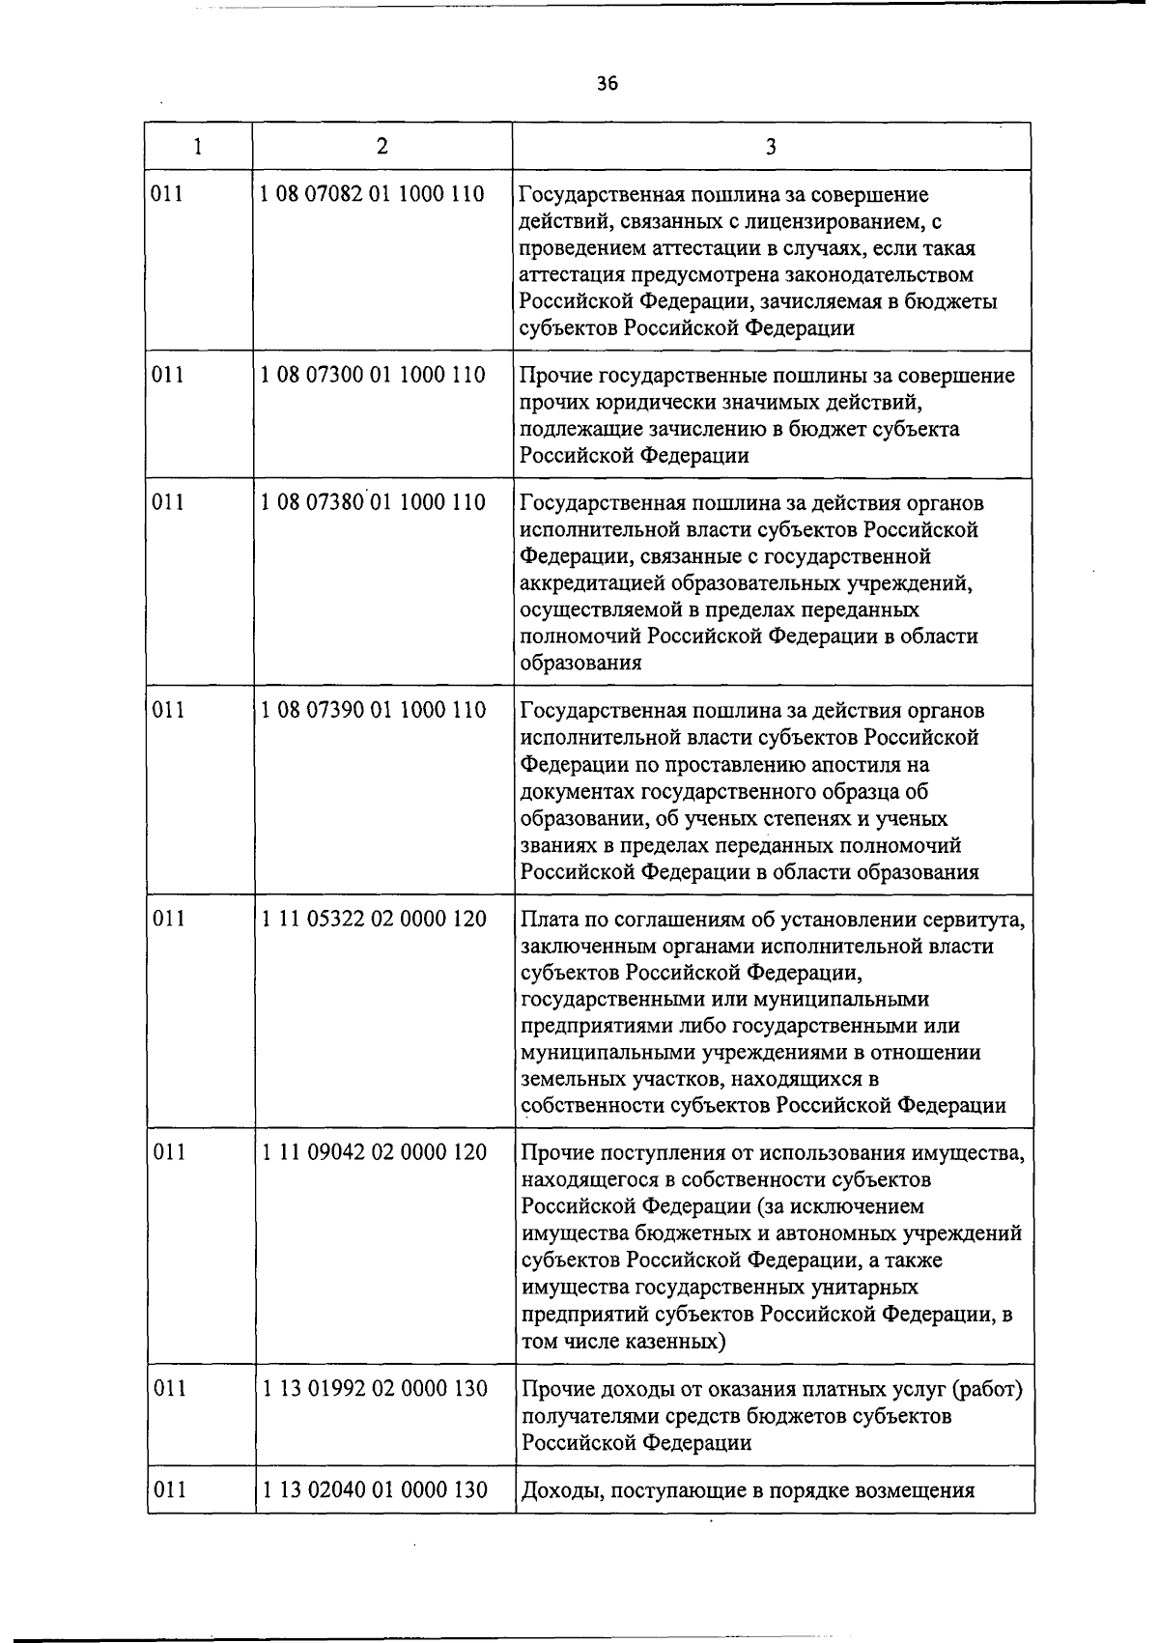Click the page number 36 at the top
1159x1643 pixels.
tap(607, 84)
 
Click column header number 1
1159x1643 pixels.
tap(198, 147)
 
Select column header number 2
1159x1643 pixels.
tap(382, 146)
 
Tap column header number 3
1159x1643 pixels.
tap(771, 147)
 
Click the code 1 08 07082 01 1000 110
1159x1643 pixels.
tap(373, 194)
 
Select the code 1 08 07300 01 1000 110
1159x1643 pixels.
tap(373, 375)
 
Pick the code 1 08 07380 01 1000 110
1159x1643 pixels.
tap(373, 502)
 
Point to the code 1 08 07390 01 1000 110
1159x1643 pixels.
tap(373, 710)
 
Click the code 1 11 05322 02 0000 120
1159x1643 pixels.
tap(374, 918)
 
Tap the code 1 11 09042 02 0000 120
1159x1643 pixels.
tap(374, 1152)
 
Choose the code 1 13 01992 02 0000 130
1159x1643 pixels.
tap(374, 1388)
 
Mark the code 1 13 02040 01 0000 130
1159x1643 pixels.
tap(374, 1489)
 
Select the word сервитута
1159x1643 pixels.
tap(975, 920)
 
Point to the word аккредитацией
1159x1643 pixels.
tap(588, 583)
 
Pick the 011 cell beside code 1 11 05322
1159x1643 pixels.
tap(169, 918)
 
